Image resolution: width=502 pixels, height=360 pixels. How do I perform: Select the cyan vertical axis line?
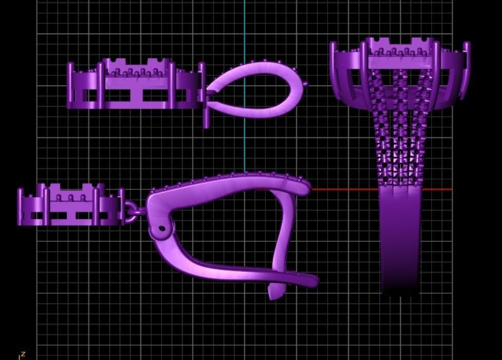[244, 31]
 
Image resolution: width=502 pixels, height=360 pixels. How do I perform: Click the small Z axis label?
[23, 354]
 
